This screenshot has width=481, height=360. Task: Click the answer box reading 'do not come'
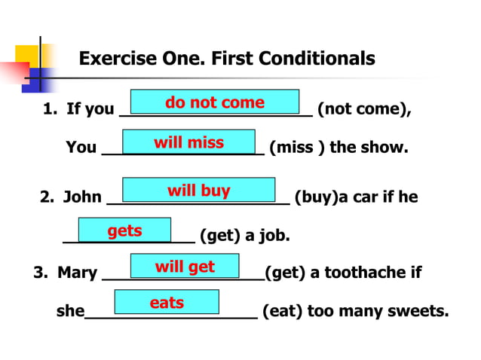215,102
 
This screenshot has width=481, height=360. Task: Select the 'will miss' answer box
188,142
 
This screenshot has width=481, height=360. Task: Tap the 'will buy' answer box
198,190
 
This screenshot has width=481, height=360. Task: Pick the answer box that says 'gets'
124,230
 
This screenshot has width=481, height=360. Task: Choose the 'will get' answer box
185,266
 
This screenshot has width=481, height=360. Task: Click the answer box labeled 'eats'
167,302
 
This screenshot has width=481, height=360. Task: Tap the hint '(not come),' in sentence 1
364,109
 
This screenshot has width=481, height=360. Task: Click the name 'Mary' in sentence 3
77,272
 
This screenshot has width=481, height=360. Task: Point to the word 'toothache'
366,272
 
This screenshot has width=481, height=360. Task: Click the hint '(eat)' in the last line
280,311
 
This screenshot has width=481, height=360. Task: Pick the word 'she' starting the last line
70,311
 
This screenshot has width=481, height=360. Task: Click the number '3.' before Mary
41,272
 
